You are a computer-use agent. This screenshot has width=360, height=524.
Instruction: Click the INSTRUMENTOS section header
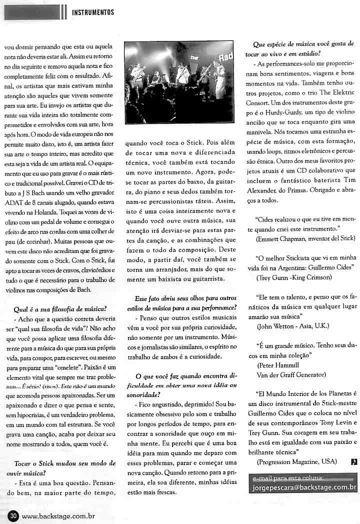93,12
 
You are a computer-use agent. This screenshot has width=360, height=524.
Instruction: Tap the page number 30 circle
13,514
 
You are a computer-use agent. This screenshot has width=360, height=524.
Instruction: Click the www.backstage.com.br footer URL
58,514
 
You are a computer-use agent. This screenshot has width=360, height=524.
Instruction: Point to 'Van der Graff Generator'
290,374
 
